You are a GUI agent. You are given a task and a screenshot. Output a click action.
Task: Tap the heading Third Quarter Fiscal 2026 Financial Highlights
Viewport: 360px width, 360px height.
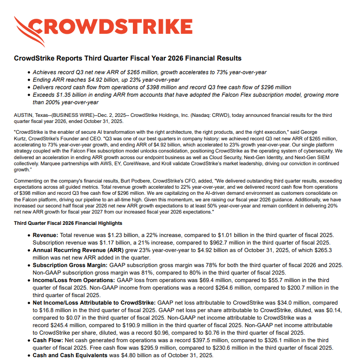click(68, 223)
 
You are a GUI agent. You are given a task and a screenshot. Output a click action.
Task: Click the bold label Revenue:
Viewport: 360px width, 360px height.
click(46, 235)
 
